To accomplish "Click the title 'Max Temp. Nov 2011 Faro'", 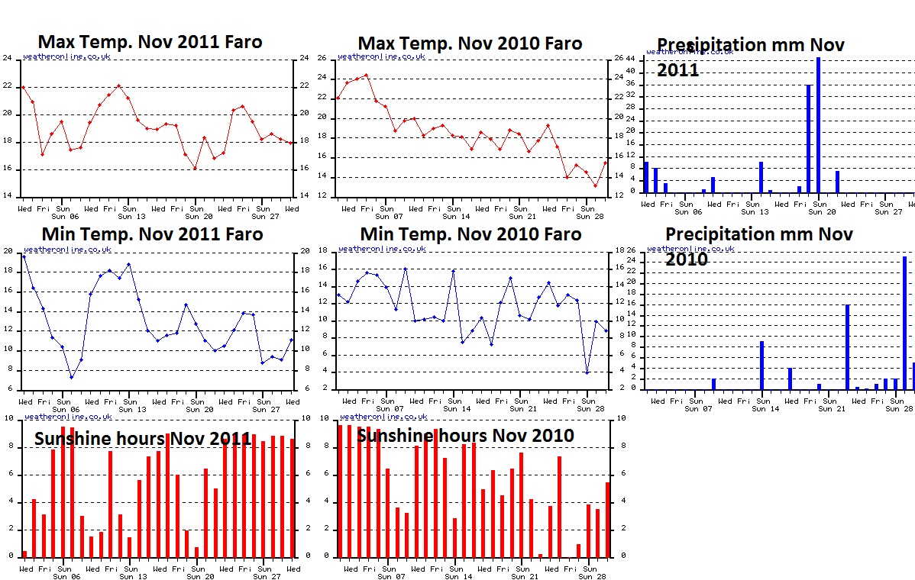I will (150, 42).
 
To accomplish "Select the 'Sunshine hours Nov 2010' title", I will (465, 436).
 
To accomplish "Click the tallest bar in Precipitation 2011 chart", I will (818, 124).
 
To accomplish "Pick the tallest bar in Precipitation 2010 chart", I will (904, 323).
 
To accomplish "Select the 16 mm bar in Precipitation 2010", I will (847, 347).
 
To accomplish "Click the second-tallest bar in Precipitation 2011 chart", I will (809, 138).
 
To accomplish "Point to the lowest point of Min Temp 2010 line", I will (587, 372).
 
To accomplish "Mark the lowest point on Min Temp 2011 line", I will (71, 377).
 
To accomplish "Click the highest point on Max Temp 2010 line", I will (366, 75).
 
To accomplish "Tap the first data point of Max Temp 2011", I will (23, 87).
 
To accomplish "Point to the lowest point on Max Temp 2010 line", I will (596, 185).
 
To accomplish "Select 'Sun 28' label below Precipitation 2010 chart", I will (898, 408).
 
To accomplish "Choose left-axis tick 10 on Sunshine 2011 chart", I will (7, 418).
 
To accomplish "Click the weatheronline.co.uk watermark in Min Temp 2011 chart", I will (67, 249).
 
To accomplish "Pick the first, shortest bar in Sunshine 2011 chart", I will (24, 553).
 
